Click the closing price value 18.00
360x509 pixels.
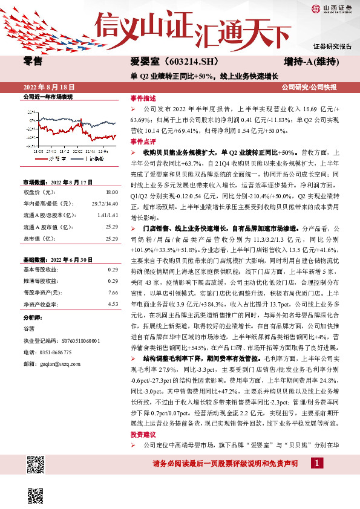click(x=112, y=192)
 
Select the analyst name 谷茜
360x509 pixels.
click(x=29, y=328)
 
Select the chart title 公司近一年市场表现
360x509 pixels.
click(x=48, y=97)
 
